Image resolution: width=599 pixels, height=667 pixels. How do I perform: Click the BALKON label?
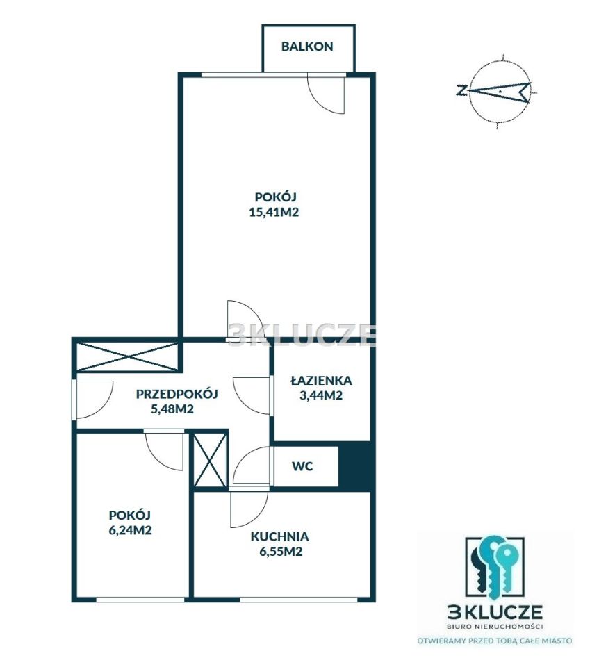(306, 47)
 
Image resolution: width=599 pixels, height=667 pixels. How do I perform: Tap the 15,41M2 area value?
(274, 212)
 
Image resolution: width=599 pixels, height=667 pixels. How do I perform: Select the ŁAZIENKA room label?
(321, 380)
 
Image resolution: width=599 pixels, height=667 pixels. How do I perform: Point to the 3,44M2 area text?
(321, 395)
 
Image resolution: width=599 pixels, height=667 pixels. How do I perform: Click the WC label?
(302, 466)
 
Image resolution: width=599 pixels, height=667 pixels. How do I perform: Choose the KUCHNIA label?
(279, 536)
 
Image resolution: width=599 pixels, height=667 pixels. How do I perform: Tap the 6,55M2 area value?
(281, 551)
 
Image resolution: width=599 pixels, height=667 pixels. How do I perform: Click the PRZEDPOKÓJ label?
(177, 393)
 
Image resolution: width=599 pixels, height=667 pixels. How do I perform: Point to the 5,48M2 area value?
(172, 409)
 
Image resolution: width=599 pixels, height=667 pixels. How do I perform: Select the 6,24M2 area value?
(130, 530)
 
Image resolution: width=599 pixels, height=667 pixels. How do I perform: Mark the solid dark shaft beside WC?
(354, 467)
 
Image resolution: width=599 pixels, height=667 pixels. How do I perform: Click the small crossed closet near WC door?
(210, 460)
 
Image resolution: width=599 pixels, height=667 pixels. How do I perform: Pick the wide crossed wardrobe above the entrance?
(126, 356)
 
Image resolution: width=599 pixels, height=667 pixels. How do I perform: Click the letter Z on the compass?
(461, 90)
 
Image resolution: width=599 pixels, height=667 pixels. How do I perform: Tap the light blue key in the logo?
(507, 566)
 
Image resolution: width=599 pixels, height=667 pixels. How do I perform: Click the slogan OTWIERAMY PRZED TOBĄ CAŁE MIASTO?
(494, 641)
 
